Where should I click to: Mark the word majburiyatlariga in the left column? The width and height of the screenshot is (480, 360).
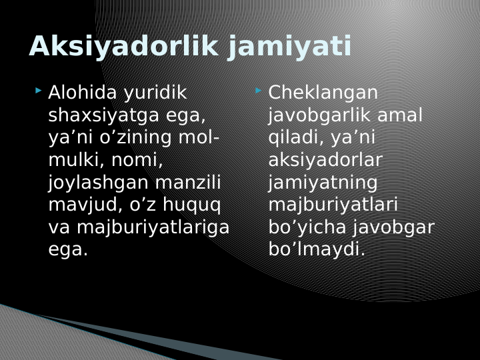tap(153, 227)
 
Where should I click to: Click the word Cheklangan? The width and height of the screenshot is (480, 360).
tap(323, 93)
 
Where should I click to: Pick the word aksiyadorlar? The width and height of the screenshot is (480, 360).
tap(325, 160)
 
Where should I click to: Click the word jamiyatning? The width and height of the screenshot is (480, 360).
tap(323, 183)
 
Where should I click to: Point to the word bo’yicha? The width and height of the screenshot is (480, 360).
tap(310, 227)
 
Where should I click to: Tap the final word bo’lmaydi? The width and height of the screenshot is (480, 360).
tap(317, 250)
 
